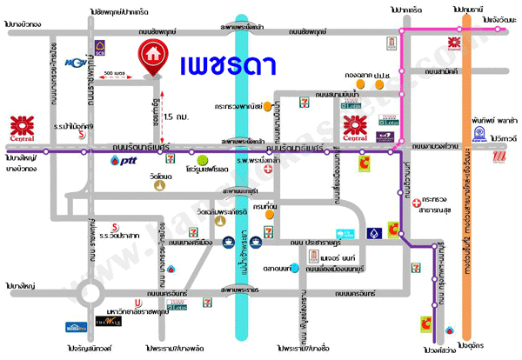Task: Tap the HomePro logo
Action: coord(76,328)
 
